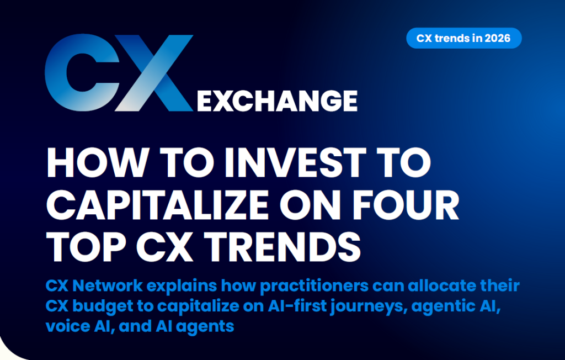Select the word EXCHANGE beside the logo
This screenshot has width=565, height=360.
click(x=276, y=101)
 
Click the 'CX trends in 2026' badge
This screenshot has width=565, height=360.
click(x=463, y=39)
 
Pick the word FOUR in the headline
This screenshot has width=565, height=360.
click(x=409, y=205)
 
